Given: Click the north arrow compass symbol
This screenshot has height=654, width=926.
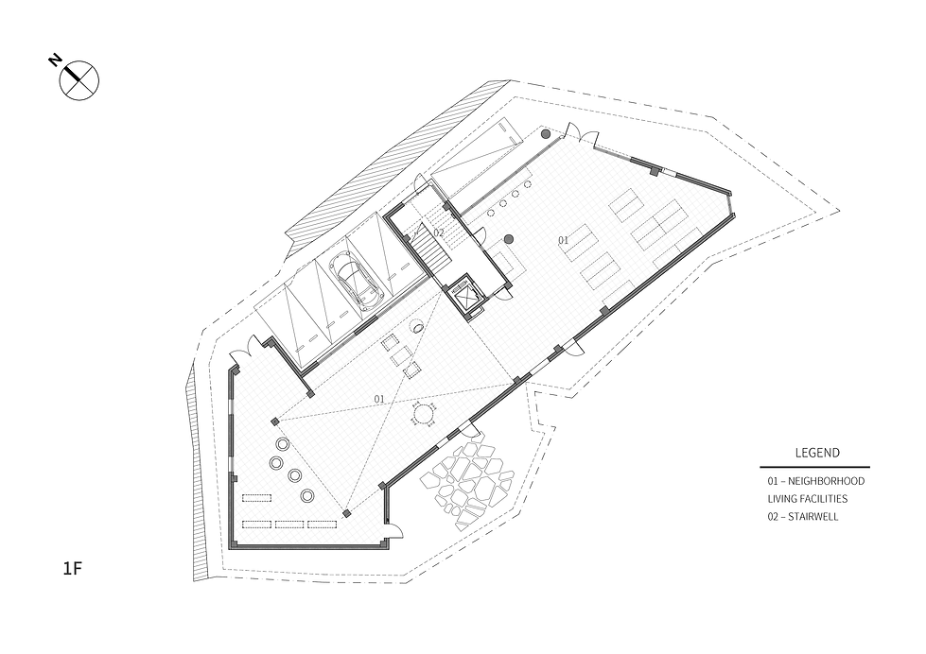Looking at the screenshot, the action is tap(79, 80).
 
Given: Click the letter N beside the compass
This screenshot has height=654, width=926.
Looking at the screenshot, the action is tap(54, 60).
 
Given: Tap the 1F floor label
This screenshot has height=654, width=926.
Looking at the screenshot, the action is tap(72, 569).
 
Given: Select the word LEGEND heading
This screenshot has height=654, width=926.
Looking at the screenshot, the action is tap(817, 454).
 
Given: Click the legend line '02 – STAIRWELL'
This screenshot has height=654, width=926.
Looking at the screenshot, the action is tap(803, 517).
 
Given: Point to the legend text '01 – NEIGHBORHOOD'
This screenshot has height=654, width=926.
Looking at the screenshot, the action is tap(816, 481).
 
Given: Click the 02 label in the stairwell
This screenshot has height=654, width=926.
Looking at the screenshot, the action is tap(438, 232).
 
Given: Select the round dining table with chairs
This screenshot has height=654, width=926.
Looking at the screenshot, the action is tap(424, 414).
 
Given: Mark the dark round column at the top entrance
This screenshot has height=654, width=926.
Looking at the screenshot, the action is tap(546, 134).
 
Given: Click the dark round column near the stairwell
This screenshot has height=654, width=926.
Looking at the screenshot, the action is tap(509, 239).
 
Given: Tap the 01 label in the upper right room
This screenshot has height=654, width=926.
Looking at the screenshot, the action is tap(564, 240).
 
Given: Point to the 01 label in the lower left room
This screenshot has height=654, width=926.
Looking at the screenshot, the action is tap(379, 399).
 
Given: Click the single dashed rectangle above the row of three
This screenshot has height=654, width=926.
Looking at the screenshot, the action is tap(256, 497).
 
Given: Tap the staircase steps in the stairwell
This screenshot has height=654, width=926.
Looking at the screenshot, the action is tap(433, 251).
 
